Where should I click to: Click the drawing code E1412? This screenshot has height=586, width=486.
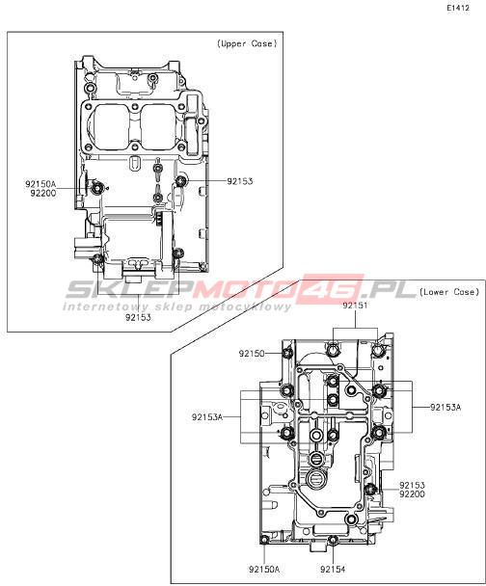point(458,8)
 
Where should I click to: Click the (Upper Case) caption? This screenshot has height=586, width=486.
point(247,43)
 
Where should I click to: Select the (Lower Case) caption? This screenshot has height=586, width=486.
point(449,292)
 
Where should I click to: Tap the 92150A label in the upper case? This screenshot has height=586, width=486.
point(40,184)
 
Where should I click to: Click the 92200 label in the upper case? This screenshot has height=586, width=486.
point(43,193)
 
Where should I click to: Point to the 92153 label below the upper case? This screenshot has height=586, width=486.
point(138,318)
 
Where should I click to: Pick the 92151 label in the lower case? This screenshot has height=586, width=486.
point(355,306)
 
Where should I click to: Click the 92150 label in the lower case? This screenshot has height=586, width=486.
point(252,354)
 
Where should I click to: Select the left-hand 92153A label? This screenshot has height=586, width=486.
point(207,417)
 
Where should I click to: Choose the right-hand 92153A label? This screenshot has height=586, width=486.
point(445,408)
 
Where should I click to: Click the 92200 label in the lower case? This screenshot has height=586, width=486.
point(412,494)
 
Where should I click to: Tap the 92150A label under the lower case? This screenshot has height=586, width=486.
point(264,570)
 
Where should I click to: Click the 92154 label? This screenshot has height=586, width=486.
point(333,570)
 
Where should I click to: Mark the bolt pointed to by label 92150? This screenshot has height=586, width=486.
point(287,353)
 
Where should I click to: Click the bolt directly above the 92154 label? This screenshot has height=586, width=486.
point(333,540)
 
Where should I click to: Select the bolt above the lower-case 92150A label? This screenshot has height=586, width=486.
point(264,540)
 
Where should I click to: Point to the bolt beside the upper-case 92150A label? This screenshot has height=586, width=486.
point(98,188)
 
